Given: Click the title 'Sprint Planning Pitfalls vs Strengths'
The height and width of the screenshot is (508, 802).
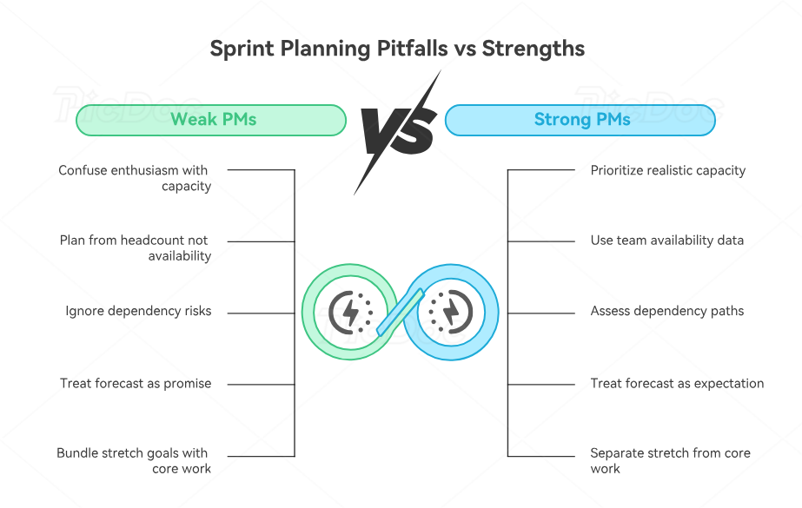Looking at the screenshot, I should [397, 48].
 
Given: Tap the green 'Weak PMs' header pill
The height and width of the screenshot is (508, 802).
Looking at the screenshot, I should [211, 120].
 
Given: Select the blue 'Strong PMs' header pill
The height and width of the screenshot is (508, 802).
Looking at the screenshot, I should [580, 120].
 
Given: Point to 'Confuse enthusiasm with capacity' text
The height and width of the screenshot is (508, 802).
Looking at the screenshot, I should [135, 178].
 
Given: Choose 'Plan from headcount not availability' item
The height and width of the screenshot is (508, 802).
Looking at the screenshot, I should [135, 247].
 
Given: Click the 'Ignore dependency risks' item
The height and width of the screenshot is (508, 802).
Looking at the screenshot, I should [138, 311].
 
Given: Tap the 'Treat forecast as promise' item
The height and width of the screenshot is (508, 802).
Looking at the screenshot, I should [136, 383].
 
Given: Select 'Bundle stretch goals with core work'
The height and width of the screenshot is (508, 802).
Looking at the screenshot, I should [133, 460].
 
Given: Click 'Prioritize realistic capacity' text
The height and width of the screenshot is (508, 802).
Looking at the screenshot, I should [667, 170].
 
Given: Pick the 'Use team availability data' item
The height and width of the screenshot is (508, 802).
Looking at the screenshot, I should [666, 240].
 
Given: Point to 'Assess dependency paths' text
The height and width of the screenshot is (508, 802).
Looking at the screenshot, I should [666, 311].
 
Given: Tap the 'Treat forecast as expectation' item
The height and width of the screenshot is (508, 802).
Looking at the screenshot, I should [677, 383].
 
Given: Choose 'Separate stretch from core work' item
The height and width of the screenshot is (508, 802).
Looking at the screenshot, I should [669, 460].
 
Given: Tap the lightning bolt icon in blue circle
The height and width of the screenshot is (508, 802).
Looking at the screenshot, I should [451, 311].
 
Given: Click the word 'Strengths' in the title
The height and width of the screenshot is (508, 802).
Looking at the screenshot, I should [534, 48].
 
